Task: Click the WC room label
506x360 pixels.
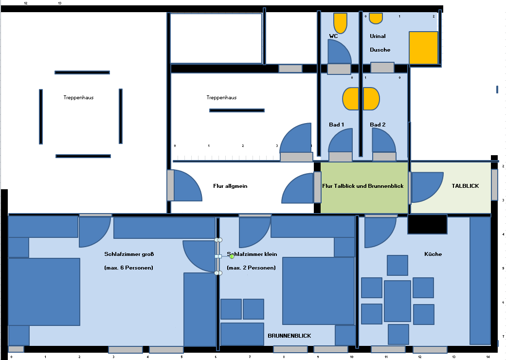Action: pyautogui.click(x=333, y=36)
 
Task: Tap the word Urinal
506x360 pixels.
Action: pyautogui.click(x=378, y=36)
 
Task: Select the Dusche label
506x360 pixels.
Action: pyautogui.click(x=380, y=50)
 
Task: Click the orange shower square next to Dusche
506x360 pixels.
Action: pyautogui.click(x=423, y=48)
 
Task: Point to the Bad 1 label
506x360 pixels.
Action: pyautogui.click(x=336, y=125)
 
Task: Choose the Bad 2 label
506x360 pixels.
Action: pyautogui.click(x=378, y=125)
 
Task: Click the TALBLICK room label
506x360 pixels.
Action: pyautogui.click(x=465, y=186)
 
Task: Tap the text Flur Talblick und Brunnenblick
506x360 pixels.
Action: pyautogui.click(x=363, y=186)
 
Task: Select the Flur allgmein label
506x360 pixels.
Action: pyautogui.click(x=230, y=186)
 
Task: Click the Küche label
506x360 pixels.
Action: pyautogui.click(x=433, y=254)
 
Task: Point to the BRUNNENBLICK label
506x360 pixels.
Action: pyautogui.click(x=289, y=336)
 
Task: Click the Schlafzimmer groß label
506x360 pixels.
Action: pyautogui.click(x=129, y=254)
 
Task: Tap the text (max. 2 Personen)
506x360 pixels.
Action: pyautogui.click(x=252, y=268)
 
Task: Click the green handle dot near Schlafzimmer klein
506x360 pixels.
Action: pyautogui.click(x=232, y=256)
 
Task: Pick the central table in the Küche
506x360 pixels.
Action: pyautogui.click(x=397, y=301)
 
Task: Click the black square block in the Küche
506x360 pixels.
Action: pyautogui.click(x=427, y=224)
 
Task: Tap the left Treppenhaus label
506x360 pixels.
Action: pyautogui.click(x=78, y=97)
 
